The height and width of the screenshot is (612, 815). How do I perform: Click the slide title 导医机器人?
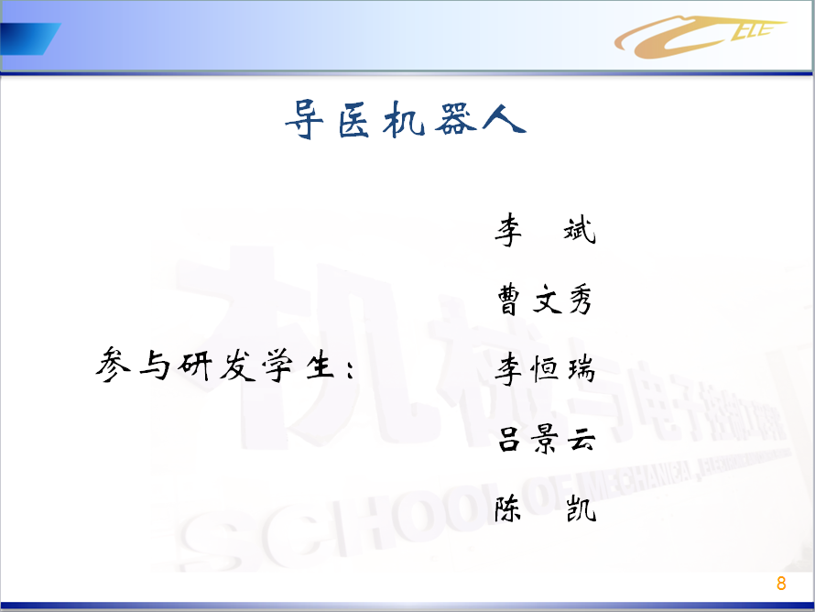pyautogui.click(x=406, y=120)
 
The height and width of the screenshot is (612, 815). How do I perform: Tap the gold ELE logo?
pyautogui.click(x=700, y=36)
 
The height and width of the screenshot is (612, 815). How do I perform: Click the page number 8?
pyautogui.click(x=781, y=584)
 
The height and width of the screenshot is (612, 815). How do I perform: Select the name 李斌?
pyautogui.click(x=545, y=229)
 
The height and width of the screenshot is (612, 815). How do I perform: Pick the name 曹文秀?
pyautogui.click(x=545, y=299)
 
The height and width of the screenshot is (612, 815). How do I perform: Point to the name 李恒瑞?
pyautogui.click(x=545, y=368)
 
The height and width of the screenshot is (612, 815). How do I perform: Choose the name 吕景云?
pyautogui.click(x=547, y=438)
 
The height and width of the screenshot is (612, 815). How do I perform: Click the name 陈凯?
pyautogui.click(x=545, y=508)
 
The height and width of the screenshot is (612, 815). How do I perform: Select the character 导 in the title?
pyautogui.click(x=305, y=120)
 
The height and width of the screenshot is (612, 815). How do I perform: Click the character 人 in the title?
pyautogui.click(x=505, y=118)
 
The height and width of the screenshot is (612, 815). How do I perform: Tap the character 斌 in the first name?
pyautogui.click(x=580, y=230)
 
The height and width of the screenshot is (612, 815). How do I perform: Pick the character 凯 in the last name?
pyautogui.click(x=581, y=508)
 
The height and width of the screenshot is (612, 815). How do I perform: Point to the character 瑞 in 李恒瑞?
pyautogui.click(x=581, y=370)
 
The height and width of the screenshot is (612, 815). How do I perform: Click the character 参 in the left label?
pyautogui.click(x=113, y=365)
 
